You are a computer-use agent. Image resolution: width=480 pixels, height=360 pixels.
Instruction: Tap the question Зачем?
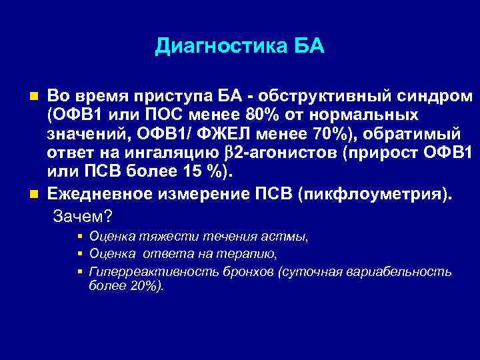pos(82,217)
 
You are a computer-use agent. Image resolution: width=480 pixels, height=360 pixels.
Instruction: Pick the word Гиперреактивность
pos(141,272)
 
